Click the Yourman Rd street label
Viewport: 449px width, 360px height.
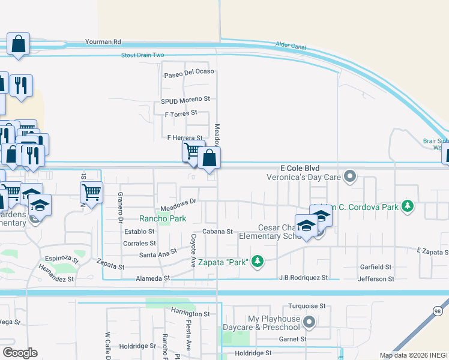pyautogui.click(x=103, y=42)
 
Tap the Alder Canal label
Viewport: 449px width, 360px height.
pyautogui.click(x=291, y=44)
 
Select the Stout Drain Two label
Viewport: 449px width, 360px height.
pyautogui.click(x=142, y=55)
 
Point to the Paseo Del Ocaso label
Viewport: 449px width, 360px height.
pyautogui.click(x=189, y=75)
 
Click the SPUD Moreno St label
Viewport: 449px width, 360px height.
pyautogui.click(x=185, y=99)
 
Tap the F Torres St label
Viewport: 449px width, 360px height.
pyautogui.click(x=181, y=113)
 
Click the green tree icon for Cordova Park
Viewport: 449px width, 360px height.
pyautogui.click(x=408, y=207)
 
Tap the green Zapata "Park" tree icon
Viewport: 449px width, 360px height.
pyautogui.click(x=258, y=260)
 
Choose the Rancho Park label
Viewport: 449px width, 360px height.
pyautogui.click(x=163, y=219)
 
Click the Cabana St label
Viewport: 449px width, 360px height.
pyautogui.click(x=217, y=231)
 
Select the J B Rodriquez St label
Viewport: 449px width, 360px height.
pyautogui.click(x=304, y=278)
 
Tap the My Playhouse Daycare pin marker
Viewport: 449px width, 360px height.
pyautogui.click(x=309, y=322)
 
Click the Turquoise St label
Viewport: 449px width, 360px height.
pyautogui.click(x=306, y=306)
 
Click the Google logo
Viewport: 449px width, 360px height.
pyautogui.click(x=20, y=353)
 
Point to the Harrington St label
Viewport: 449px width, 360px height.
pyautogui.click(x=190, y=313)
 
